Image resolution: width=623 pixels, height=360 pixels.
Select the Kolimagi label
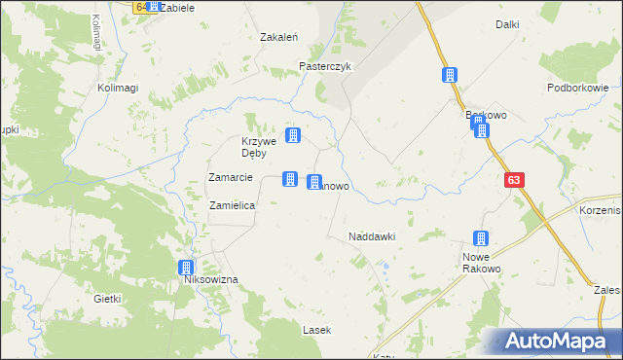click(118, 88)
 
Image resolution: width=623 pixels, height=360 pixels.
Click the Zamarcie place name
click(231, 177)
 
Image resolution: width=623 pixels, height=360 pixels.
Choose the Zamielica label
click(233, 206)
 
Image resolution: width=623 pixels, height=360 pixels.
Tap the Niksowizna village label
click(211, 280)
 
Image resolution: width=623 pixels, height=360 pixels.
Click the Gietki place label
click(106, 300)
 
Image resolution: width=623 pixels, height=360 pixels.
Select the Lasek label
click(316, 330)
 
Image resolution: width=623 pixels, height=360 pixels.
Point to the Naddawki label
click(371, 236)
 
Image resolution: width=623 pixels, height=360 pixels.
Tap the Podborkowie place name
click(577, 88)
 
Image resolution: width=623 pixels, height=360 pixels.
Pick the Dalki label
click(506, 24)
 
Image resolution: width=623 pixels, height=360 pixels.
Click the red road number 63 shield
click(514, 180)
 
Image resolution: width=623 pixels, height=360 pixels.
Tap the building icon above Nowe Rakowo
click(480, 238)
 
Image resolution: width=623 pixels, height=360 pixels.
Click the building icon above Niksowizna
click(186, 268)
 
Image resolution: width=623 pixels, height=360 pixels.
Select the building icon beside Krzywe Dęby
click(292, 135)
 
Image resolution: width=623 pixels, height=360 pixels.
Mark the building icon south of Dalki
click(450, 75)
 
